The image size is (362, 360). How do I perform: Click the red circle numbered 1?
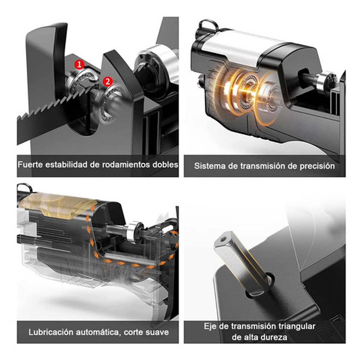tap(79, 65)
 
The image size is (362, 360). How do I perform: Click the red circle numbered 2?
tap(108, 81)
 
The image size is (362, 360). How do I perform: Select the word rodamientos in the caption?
tap(130, 165)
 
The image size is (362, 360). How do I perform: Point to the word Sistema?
tap(208, 166)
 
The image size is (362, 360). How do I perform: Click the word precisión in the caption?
tap(317, 166)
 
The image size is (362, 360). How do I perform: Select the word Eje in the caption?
tap(210, 326)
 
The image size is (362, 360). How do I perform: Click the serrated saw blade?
tap(49, 108)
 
